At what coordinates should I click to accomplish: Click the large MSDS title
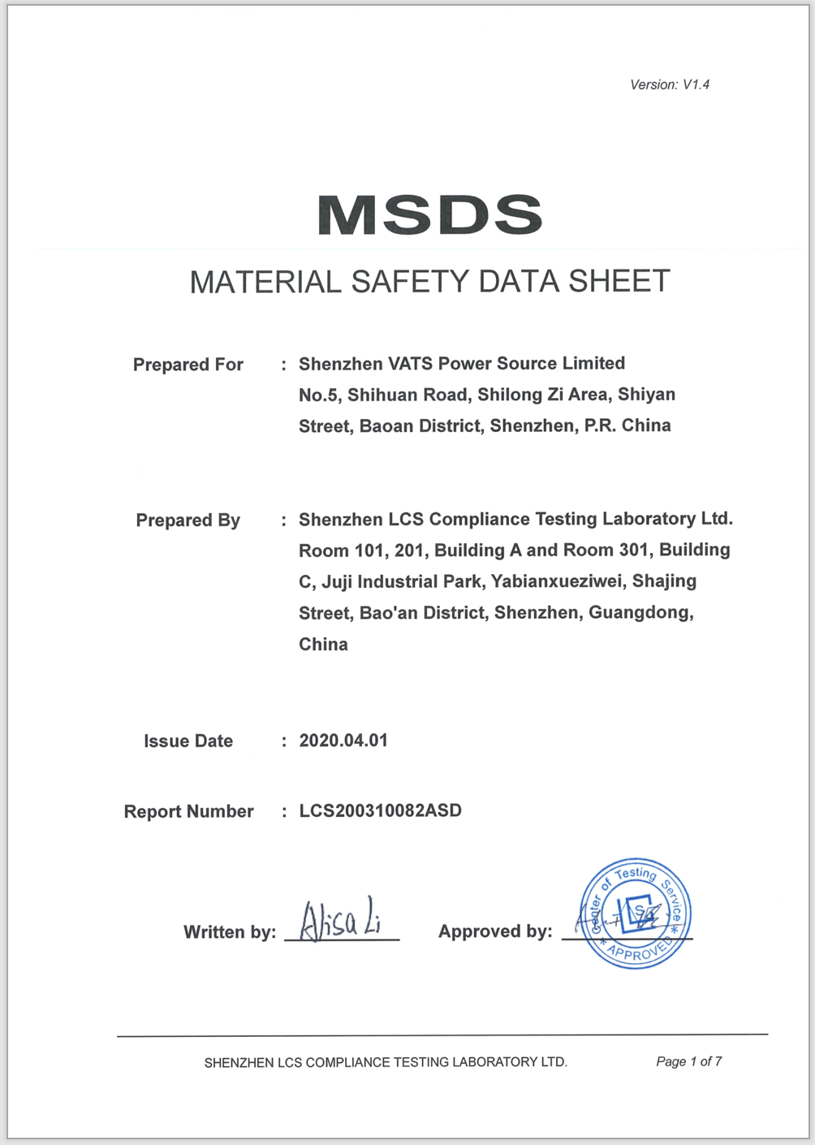[429, 214]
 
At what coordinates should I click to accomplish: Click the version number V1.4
[696, 84]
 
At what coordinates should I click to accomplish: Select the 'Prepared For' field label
[188, 365]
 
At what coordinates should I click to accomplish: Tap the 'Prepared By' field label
[188, 521]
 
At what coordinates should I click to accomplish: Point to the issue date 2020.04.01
[343, 741]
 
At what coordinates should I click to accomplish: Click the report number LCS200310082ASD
[380, 810]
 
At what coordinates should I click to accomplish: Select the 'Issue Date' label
[188, 741]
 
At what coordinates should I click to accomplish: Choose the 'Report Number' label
[188, 811]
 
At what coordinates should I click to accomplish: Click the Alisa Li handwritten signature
[340, 920]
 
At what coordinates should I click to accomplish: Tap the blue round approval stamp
[636, 914]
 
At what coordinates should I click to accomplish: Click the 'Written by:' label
[230, 932]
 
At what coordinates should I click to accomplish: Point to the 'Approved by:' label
[495, 931]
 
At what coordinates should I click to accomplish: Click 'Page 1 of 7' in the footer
[688, 1061]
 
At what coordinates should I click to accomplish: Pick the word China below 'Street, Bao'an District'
[323, 644]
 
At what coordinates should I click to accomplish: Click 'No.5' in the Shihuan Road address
[317, 395]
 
